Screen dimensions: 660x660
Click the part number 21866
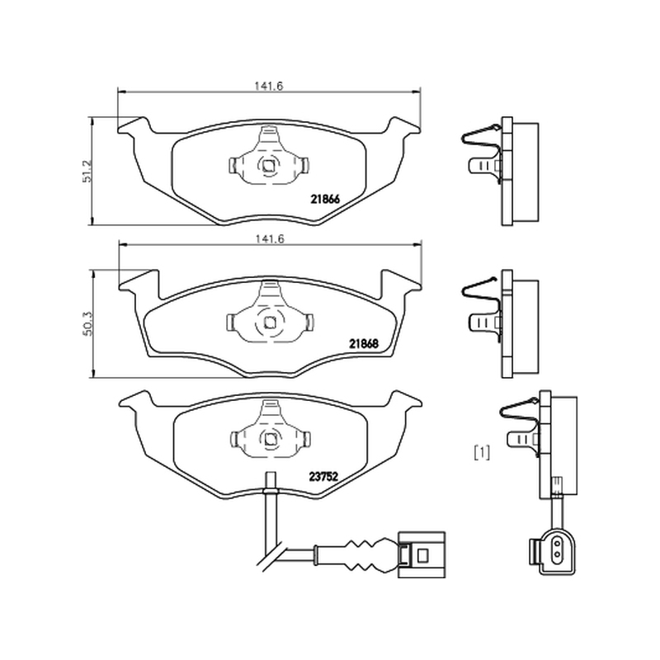[x=325, y=199]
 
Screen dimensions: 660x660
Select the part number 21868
[x=364, y=344]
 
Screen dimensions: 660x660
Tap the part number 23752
[x=323, y=477]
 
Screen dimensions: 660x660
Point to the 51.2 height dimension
[x=87, y=171]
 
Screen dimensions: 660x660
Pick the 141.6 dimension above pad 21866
[x=269, y=86]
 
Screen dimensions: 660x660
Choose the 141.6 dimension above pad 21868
[x=270, y=238]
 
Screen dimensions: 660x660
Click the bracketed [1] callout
[x=482, y=453]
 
